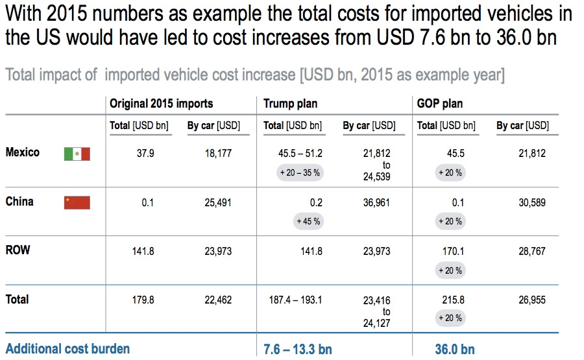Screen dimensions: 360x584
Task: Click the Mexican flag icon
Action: pyautogui.click(x=77, y=154)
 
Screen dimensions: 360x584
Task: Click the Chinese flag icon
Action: pyautogui.click(x=77, y=202)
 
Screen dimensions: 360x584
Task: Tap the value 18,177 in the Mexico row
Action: pyautogui.click(x=218, y=154)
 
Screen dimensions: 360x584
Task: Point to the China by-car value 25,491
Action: pyautogui.click(x=218, y=202)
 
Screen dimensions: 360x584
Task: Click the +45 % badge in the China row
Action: pyautogui.click(x=308, y=221)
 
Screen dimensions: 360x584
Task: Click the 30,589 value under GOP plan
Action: pyautogui.click(x=532, y=202)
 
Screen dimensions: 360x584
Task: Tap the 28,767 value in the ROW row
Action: pyautogui.click(x=532, y=251)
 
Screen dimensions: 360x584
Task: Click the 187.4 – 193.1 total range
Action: pyautogui.click(x=295, y=300)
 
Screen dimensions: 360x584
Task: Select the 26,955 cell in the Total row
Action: pyautogui.click(x=532, y=300)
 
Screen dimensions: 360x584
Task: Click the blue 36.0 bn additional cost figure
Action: pyautogui.click(x=455, y=349)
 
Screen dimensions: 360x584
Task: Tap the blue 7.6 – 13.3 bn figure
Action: pyautogui.click(x=298, y=349)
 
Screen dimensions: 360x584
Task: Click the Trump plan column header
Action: pyautogui.click(x=290, y=104)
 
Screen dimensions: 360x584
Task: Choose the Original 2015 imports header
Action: pyautogui.click(x=161, y=104)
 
